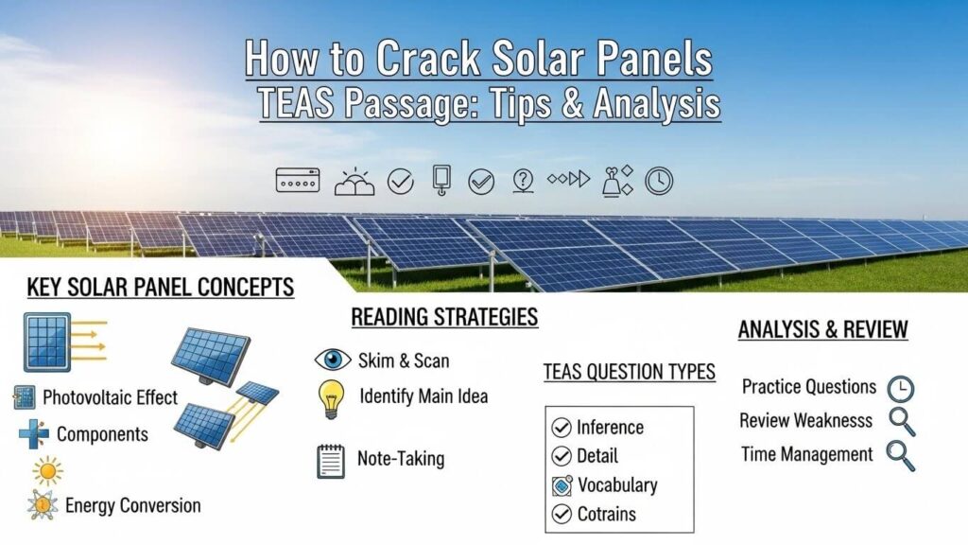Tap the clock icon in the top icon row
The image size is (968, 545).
pyautogui.click(x=659, y=181)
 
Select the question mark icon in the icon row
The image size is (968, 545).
pyautogui.click(x=523, y=180)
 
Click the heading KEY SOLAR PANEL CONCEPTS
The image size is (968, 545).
pyautogui.click(x=161, y=288)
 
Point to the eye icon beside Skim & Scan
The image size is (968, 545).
pyautogui.click(x=332, y=360)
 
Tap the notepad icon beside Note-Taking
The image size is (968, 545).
pyautogui.click(x=330, y=461)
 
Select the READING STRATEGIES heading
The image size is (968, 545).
pyautogui.click(x=444, y=317)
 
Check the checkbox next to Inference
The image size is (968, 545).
pyautogui.click(x=561, y=428)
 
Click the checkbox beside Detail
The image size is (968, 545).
pyautogui.click(x=561, y=456)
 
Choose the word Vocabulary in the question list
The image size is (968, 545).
pyautogui.click(x=616, y=485)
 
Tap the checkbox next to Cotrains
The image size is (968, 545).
pyautogui.click(x=561, y=515)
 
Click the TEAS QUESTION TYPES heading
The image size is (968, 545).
pyautogui.click(x=629, y=372)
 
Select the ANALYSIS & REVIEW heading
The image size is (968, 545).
pyautogui.click(x=822, y=330)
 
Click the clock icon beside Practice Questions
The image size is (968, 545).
pyautogui.click(x=902, y=388)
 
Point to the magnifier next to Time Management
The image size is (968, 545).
pyautogui.click(x=900, y=455)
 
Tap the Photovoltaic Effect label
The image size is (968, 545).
pyautogui.click(x=110, y=397)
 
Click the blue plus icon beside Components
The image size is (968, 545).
pyautogui.click(x=33, y=434)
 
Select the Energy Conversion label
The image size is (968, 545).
pyautogui.click(x=132, y=505)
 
